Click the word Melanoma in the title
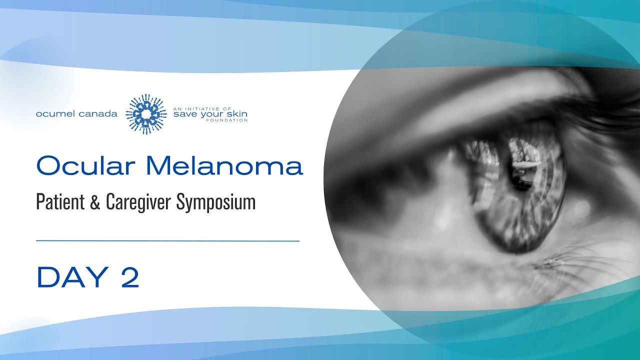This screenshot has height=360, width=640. (225, 165)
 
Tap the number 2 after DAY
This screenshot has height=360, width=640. (129, 277)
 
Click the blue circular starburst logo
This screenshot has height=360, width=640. (145, 114)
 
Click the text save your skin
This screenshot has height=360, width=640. (210, 114)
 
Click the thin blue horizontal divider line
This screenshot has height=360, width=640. (167, 241)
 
